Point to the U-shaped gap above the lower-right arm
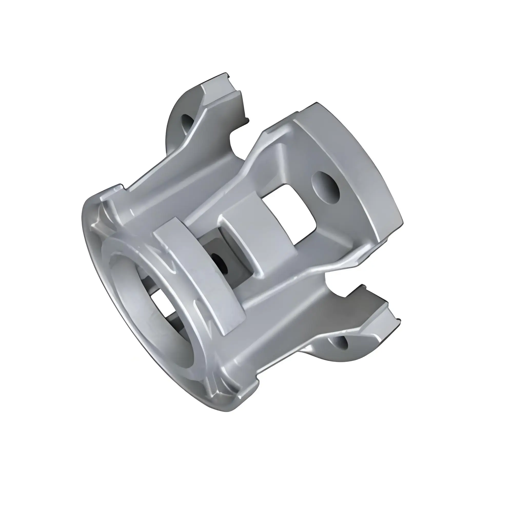tap(337, 281)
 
